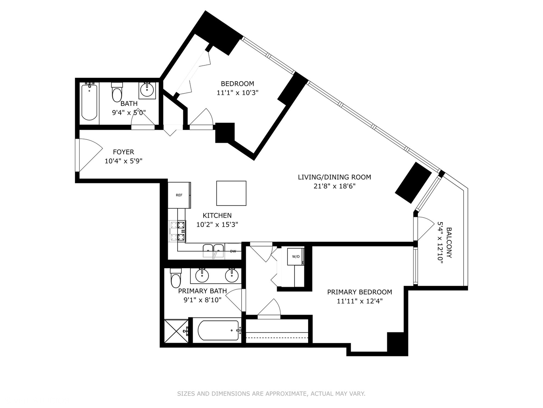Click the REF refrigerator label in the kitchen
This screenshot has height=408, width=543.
[179, 195]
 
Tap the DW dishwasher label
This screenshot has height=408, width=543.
[233, 251]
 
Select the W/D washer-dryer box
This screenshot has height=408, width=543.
[296, 257]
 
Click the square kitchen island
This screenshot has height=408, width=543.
[231, 193]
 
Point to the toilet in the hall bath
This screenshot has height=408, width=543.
[117, 92]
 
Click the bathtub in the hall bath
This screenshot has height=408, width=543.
[89, 102]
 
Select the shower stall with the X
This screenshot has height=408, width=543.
[176, 331]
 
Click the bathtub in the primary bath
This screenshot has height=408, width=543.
[219, 331]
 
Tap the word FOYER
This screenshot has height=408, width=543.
[123, 152]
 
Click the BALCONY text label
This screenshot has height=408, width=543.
[449, 243]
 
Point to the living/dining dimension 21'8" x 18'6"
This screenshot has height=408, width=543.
[334, 186]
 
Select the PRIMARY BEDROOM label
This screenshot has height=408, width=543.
[360, 292]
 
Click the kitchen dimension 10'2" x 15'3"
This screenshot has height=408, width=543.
[217, 225]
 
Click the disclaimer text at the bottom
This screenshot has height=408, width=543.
[271, 394]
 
